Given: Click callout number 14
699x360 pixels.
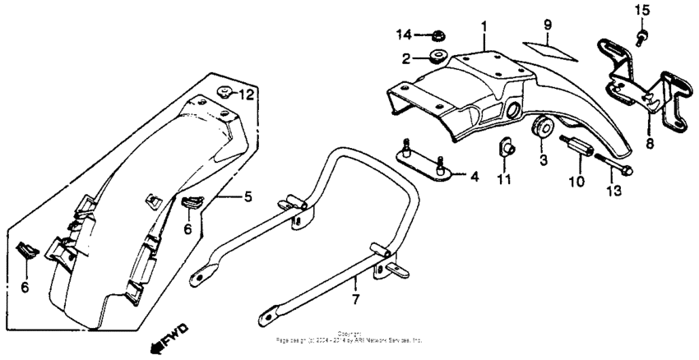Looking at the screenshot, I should tap(402, 35).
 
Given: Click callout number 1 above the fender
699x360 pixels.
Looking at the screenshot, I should tap(484, 27).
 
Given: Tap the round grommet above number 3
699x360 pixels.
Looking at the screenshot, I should tap(541, 129).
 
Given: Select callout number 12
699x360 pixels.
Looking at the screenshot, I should tap(246, 95).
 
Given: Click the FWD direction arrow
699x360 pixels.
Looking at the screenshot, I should tap(170, 335).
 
